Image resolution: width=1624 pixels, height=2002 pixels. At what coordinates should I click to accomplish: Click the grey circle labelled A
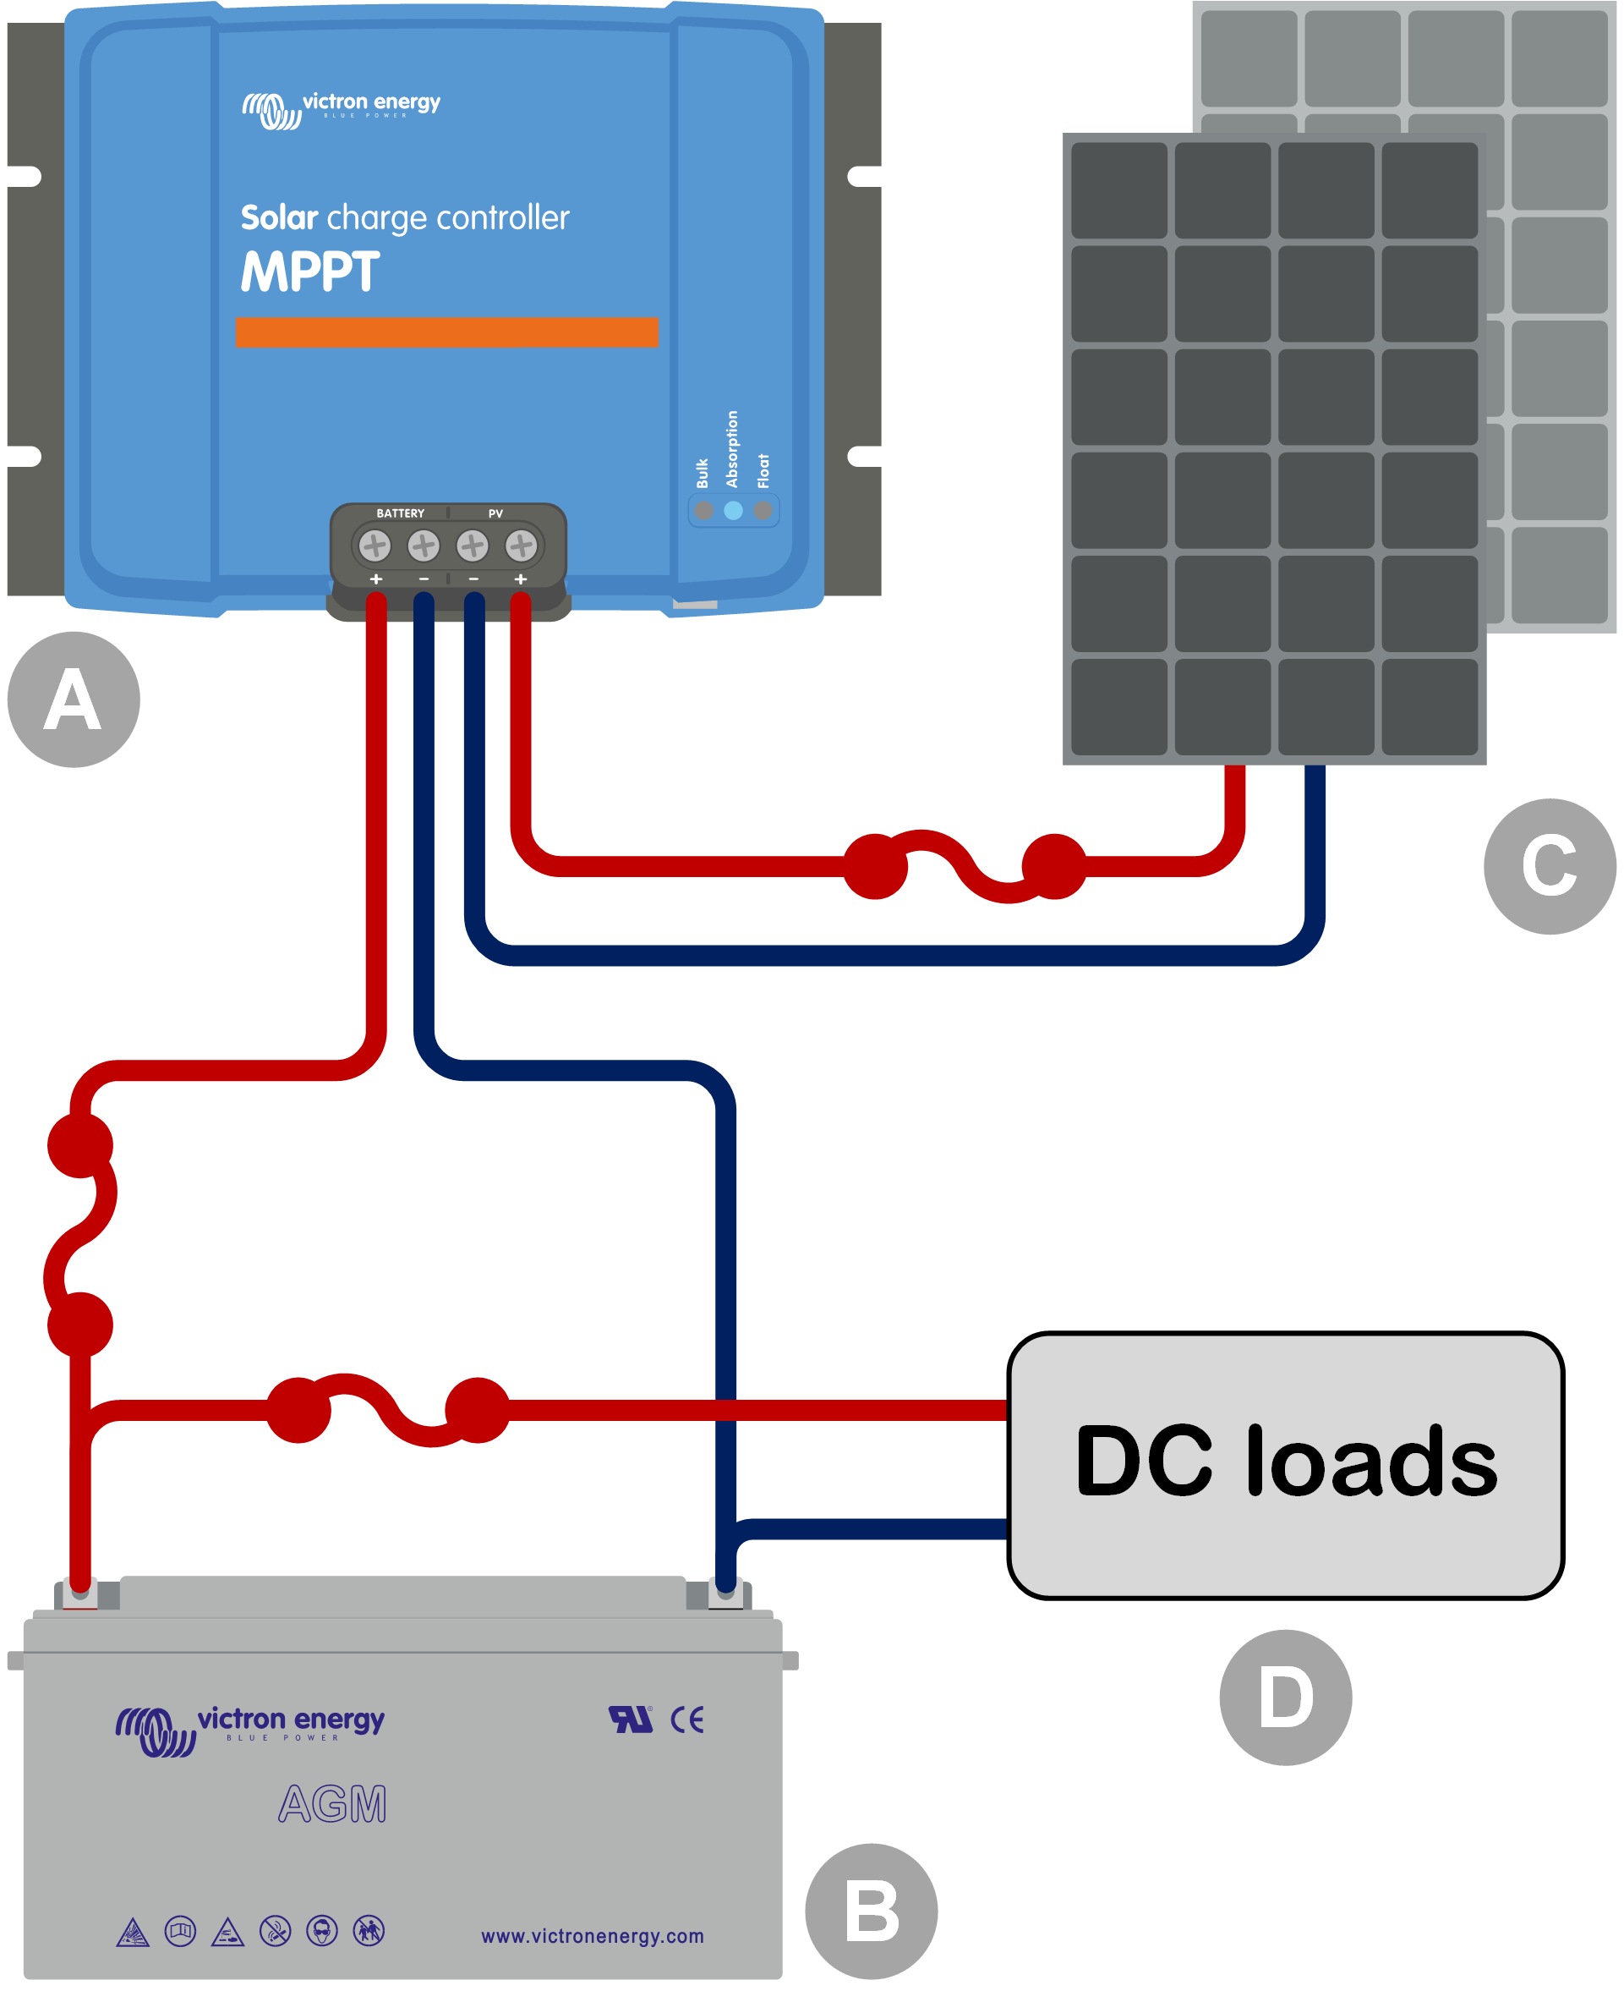(74, 699)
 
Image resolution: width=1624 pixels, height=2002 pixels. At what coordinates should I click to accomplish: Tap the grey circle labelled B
(871, 1911)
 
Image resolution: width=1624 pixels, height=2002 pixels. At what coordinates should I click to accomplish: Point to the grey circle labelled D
(1285, 1697)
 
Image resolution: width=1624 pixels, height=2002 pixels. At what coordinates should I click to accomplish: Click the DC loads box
(1285, 1465)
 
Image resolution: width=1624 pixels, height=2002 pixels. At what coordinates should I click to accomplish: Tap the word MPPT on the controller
(310, 272)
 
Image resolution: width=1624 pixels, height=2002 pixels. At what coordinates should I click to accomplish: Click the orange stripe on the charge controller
(446, 332)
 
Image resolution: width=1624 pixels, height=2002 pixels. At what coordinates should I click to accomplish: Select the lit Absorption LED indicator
(734, 510)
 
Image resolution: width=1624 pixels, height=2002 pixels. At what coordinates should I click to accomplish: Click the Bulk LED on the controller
(704, 510)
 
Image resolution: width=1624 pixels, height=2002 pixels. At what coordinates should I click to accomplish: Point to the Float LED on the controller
(763, 510)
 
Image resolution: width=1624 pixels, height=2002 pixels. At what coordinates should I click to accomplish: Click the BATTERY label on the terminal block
(401, 513)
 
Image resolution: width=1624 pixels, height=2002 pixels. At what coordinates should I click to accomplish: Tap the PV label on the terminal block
(495, 513)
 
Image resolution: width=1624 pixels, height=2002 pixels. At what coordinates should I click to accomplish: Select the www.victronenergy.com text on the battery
(592, 1935)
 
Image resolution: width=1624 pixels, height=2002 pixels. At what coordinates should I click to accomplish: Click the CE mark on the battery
(687, 1720)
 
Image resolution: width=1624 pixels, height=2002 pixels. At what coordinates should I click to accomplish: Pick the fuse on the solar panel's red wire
(965, 866)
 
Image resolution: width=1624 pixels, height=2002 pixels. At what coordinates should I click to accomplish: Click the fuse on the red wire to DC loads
(387, 1410)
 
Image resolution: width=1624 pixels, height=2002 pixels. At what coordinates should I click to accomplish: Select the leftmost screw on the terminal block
(375, 545)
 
